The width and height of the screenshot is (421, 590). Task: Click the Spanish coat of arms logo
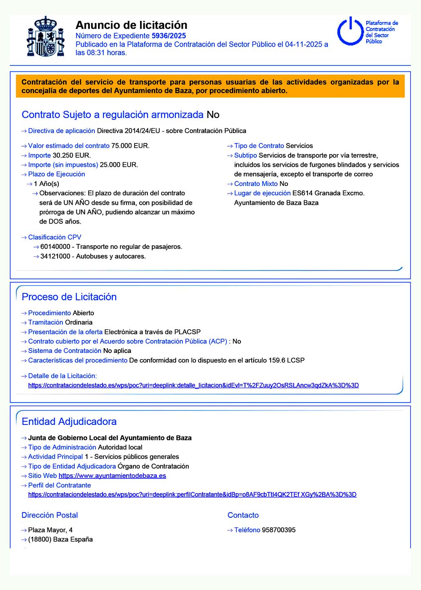pos(45,37)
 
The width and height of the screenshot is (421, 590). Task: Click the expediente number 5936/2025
pos(169,36)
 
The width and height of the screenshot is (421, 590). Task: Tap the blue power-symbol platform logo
pos(350,31)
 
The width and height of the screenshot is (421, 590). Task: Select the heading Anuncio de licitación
pos(131,25)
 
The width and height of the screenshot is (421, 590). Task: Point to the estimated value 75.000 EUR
pos(130,146)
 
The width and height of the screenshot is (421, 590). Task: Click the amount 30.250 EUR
pos(72,155)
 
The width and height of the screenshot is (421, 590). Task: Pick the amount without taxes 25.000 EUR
pos(119,165)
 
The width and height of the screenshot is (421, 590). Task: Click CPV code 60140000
pos(55,247)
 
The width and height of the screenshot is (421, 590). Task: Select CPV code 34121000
pos(55,257)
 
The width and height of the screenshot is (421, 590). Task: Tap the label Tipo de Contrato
pos(259,146)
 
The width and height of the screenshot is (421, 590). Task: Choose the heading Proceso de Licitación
pos(69,297)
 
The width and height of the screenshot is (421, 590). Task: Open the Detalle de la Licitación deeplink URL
pos(193,385)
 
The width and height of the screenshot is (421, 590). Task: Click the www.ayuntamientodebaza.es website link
pos(112,476)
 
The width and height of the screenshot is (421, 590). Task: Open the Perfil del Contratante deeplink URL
pos(192,494)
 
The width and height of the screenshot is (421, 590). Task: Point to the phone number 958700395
pos(278,530)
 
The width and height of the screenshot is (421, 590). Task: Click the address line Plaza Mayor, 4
pos(50,530)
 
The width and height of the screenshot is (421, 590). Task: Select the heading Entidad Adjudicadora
pos(69,422)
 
